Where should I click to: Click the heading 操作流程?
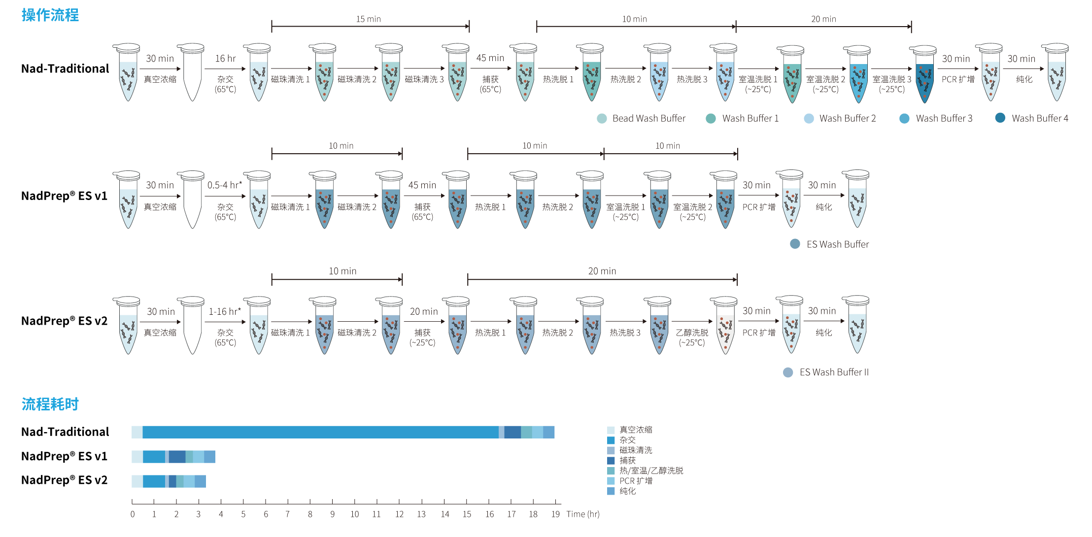pyautogui.click(x=50, y=15)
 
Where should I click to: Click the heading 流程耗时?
pyautogui.click(x=50, y=404)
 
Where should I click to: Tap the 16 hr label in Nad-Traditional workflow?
pyautogui.click(x=225, y=59)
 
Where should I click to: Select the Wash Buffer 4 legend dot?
pyautogui.click(x=1000, y=118)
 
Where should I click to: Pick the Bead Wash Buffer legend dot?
pyautogui.click(x=602, y=118)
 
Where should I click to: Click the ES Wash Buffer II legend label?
pyautogui.click(x=834, y=372)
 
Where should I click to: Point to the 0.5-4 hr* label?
pyautogui.click(x=224, y=185)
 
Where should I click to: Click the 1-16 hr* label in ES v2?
pyautogui.click(x=225, y=311)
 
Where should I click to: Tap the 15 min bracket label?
pyautogui.click(x=368, y=19)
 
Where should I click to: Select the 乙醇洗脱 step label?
pyautogui.click(x=692, y=333)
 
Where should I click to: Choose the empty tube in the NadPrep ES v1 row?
pyautogui.click(x=192, y=202)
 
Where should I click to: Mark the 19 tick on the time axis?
pyautogui.click(x=555, y=514)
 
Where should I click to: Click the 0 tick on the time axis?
pyautogui.click(x=132, y=514)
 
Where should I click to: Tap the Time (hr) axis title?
pyautogui.click(x=582, y=514)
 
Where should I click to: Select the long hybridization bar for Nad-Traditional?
pyautogui.click(x=320, y=432)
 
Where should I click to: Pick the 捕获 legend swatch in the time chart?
pyautogui.click(x=611, y=461)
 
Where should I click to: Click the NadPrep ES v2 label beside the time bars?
pyautogui.click(x=64, y=480)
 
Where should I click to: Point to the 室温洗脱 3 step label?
pyautogui.click(x=891, y=79)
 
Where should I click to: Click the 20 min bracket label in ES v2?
pyautogui.click(x=602, y=271)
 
